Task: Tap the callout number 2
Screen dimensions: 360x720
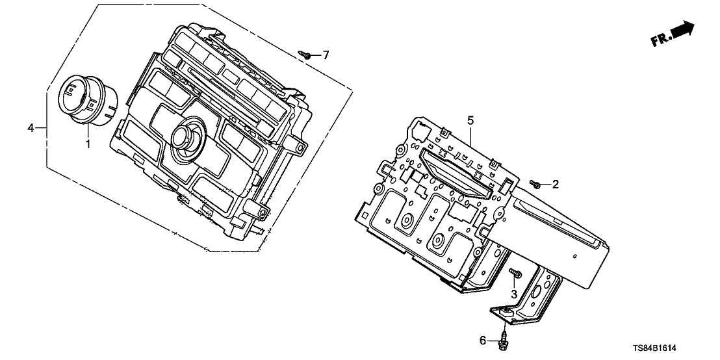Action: (555, 185)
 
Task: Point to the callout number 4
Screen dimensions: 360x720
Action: (31, 128)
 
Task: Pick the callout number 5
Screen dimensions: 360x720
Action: (471, 120)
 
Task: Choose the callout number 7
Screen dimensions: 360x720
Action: (326, 55)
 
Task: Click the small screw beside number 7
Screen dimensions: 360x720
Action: (305, 55)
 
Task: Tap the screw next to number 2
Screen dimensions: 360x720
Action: (535, 185)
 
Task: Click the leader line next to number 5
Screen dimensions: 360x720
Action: (470, 133)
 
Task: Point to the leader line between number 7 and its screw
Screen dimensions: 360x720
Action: (315, 55)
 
